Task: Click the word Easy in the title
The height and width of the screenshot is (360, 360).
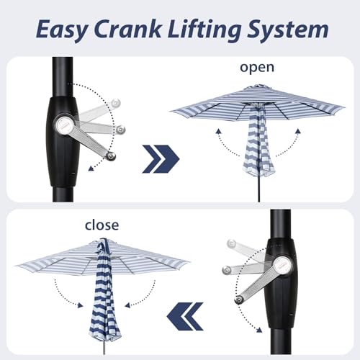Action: point(62,30)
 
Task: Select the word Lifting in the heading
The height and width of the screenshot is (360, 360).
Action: point(204,30)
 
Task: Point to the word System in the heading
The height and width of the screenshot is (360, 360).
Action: point(288,30)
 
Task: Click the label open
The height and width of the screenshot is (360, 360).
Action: point(257,68)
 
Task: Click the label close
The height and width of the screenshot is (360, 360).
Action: point(102,225)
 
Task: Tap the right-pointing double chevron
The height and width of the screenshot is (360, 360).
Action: point(161,159)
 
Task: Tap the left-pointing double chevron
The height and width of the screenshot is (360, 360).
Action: point(185,316)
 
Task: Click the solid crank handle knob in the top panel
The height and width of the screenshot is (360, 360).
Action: point(111,156)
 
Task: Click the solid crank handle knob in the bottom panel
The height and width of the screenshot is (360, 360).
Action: point(239,300)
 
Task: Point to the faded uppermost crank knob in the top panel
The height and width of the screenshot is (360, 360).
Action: point(116,103)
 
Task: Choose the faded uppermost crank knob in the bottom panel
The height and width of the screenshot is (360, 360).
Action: point(231,243)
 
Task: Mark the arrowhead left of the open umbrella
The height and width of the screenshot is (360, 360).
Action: point(218,131)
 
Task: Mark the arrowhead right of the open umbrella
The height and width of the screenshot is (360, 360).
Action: point(298,131)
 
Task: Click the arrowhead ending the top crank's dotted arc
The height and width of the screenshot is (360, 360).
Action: point(91,168)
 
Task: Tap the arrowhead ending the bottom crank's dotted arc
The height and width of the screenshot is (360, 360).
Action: point(259,330)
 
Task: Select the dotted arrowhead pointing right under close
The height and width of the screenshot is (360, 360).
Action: point(80,305)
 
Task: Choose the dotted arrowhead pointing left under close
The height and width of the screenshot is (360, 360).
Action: point(127,305)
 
